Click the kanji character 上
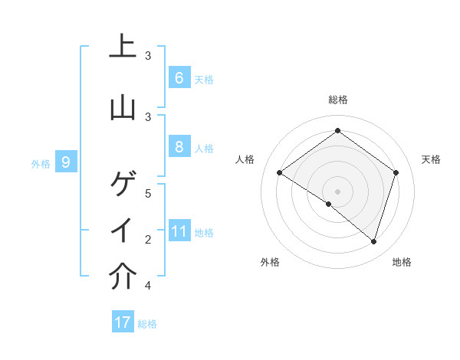(123, 46)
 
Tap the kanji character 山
(123, 106)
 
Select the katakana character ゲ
(123, 185)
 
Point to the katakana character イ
(123, 231)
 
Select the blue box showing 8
(179, 146)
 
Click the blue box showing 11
(179, 231)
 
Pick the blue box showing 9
(66, 162)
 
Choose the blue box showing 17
(123, 322)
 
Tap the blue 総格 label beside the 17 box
(147, 324)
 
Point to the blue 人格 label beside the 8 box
(204, 148)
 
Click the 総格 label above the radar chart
(337, 100)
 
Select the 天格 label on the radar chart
(431, 159)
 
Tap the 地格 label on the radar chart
(402, 262)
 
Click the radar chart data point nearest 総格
(337, 130)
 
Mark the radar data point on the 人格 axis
(280, 172)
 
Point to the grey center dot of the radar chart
(337, 191)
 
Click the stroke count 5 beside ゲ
(149, 193)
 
